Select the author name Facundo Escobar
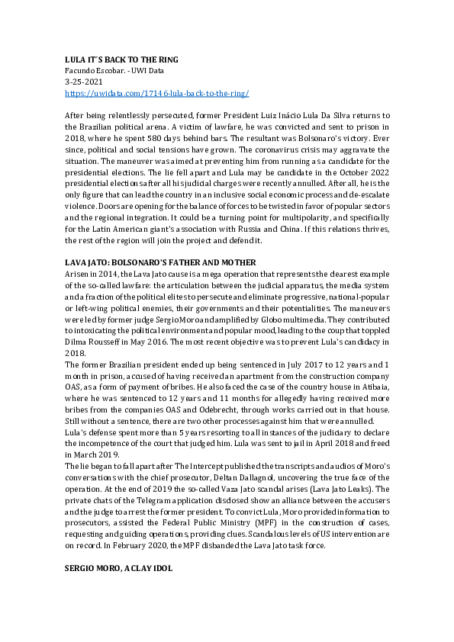pos(92,71)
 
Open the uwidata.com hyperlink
pos(157,93)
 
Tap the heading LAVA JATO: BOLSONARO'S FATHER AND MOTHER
pos(160,262)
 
